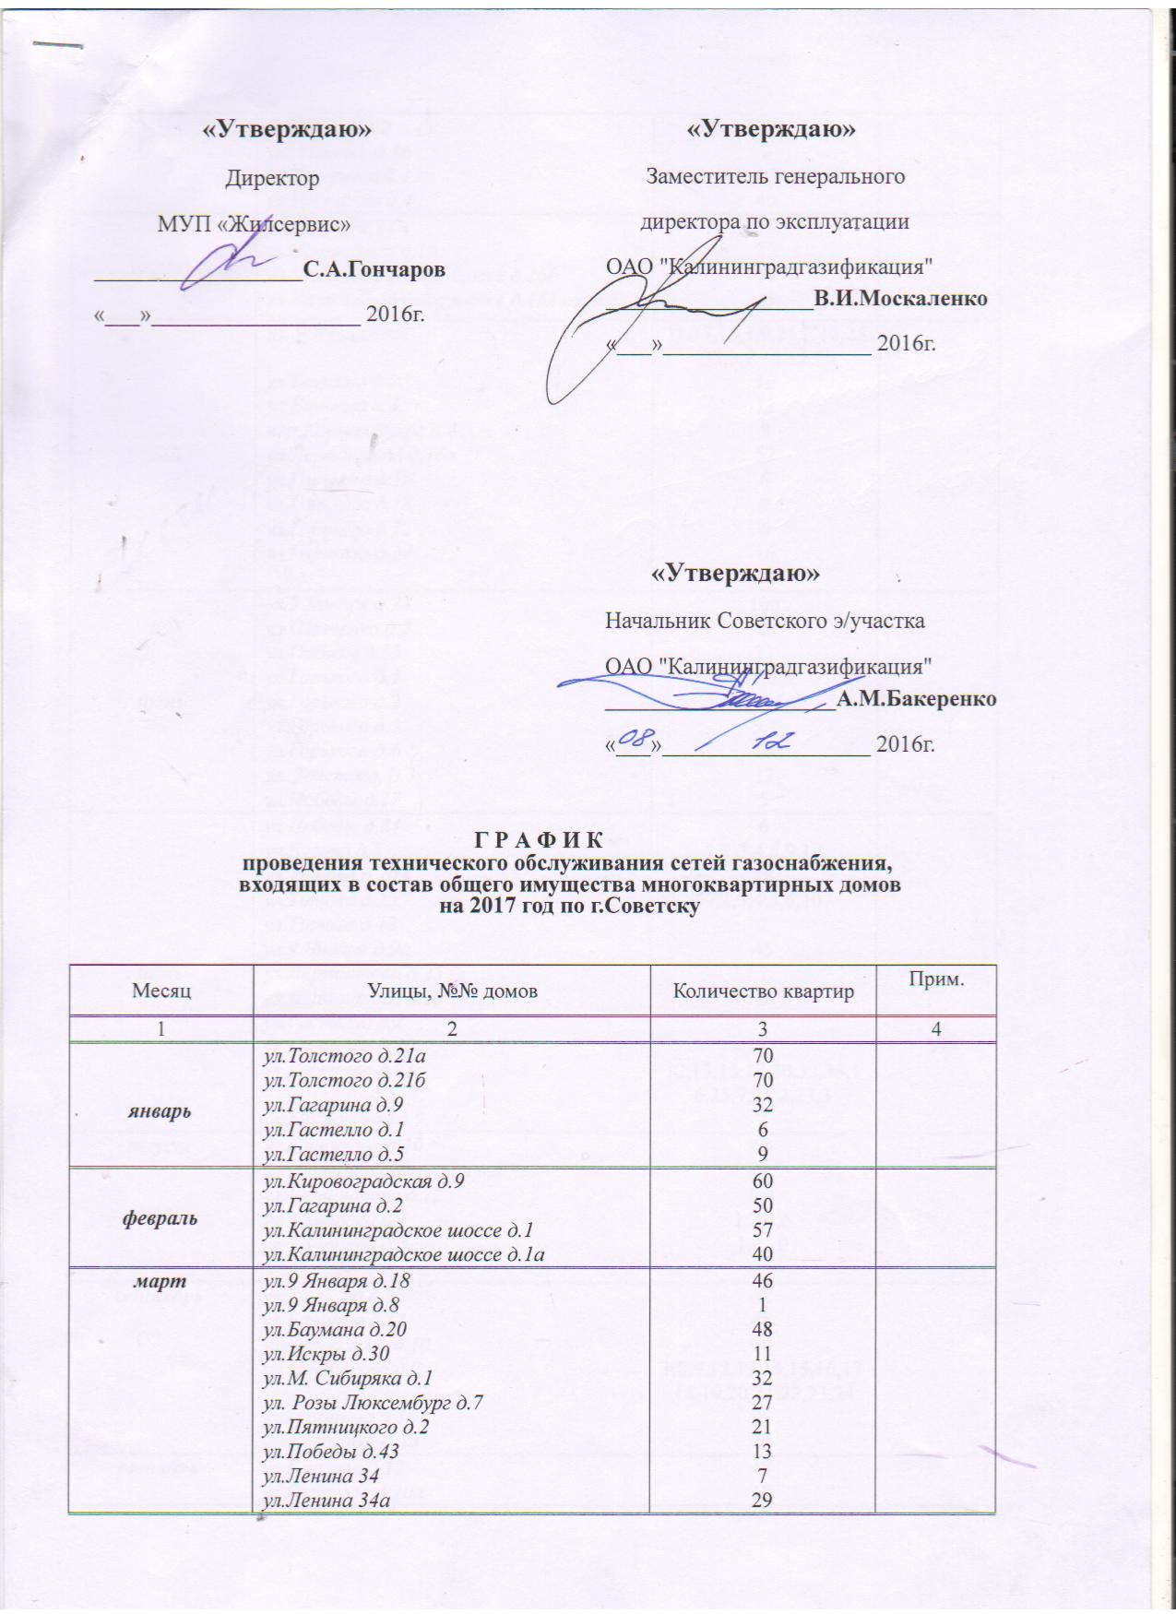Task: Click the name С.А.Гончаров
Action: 374,270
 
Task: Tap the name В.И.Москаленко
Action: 900,299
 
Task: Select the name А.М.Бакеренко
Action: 917,699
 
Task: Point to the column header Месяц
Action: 161,991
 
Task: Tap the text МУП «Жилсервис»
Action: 255,222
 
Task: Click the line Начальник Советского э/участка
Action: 765,621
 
